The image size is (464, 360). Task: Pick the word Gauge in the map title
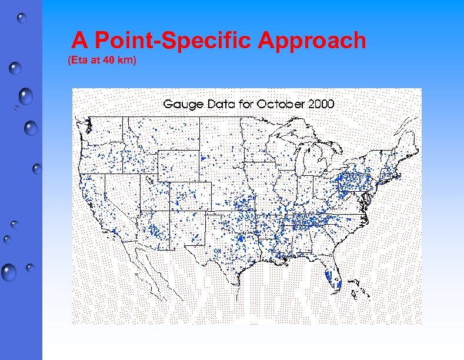pos(183,104)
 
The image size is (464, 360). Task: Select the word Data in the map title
pos(219,104)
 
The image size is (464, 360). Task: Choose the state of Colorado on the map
pos(190,195)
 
